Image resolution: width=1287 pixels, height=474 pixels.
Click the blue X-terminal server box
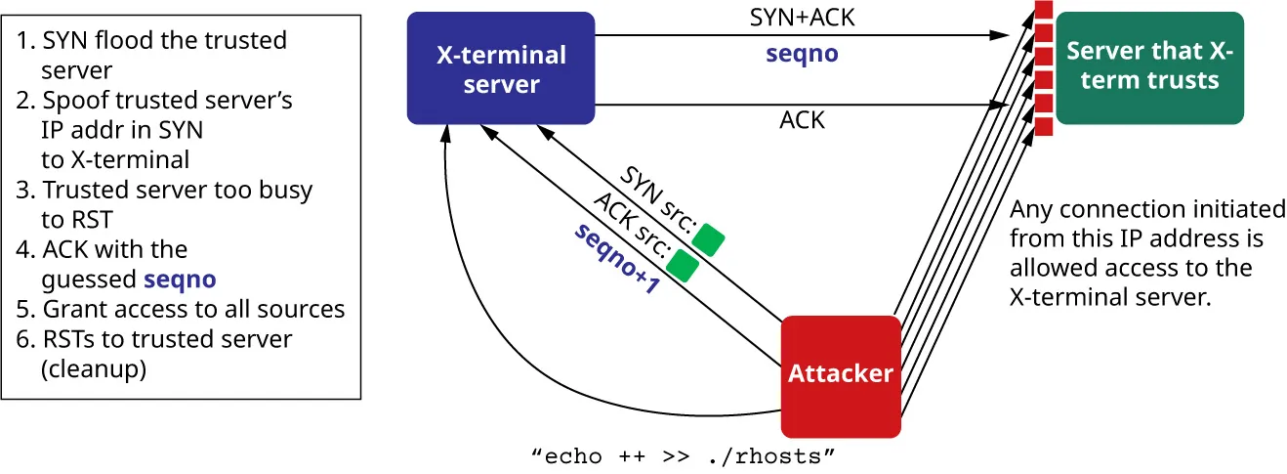[x=500, y=68]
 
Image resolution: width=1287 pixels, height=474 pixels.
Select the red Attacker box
[x=840, y=375]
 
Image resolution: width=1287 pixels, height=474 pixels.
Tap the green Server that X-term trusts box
[x=1149, y=67]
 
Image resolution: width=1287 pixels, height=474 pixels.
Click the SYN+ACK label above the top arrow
[x=802, y=18]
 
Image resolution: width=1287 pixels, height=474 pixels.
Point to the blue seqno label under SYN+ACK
[x=802, y=53]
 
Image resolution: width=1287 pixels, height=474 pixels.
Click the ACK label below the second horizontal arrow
[x=802, y=120]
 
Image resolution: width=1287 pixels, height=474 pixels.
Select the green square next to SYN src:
[x=708, y=237]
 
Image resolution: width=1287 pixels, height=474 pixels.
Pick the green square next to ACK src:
[x=682, y=264]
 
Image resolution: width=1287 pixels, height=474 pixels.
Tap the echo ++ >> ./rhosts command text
[x=684, y=455]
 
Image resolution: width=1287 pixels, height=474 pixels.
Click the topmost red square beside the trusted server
[x=1043, y=12]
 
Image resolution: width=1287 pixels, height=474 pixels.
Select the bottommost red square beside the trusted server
[x=1043, y=126]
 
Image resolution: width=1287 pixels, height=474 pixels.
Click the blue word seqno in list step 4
[x=180, y=280]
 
